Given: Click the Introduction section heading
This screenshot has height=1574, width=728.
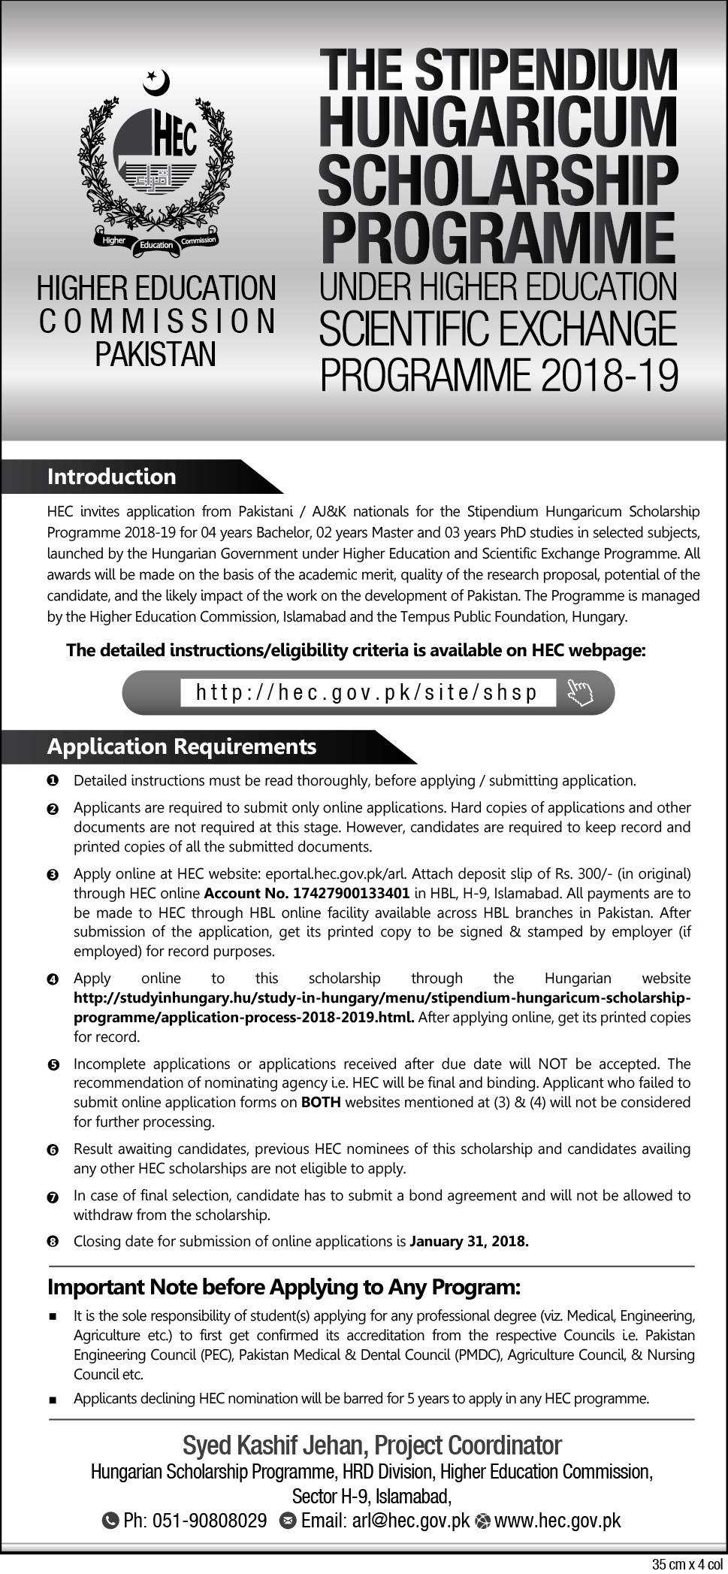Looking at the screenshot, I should pyautogui.click(x=111, y=477).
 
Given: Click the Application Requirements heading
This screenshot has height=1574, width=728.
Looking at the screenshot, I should pyautogui.click(x=181, y=746).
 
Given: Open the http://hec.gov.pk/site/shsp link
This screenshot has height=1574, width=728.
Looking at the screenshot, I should pyautogui.click(x=367, y=692).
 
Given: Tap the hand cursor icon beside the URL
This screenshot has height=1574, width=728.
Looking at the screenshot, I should pyautogui.click(x=580, y=692).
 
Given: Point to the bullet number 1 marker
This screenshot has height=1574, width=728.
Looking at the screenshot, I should pyautogui.click(x=52, y=781).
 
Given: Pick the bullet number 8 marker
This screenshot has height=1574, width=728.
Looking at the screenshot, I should pyautogui.click(x=52, y=1243).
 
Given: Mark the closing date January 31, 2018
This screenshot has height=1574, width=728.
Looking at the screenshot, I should pyautogui.click(x=470, y=1242).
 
